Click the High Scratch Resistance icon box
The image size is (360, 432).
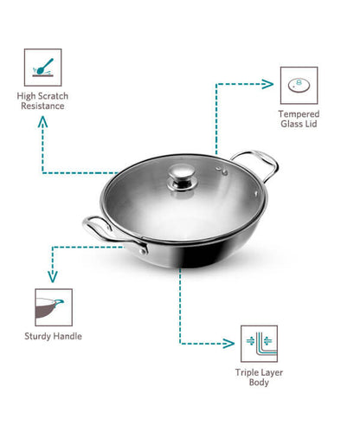pyautogui.click(x=42, y=67)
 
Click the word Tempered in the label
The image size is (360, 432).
pyautogui.click(x=299, y=114)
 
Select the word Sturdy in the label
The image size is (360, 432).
pyautogui.click(x=40, y=336)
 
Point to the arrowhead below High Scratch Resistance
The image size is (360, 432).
pyautogui.click(x=42, y=124)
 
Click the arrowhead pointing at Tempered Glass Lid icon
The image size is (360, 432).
pyautogui.click(x=268, y=85)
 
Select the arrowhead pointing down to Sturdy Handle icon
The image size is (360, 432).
pyautogui.click(x=54, y=277)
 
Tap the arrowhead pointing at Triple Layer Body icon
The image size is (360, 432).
pyautogui.click(x=232, y=343)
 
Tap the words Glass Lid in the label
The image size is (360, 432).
pyautogui.click(x=299, y=125)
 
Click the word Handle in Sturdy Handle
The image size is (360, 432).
pyautogui.click(x=67, y=336)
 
